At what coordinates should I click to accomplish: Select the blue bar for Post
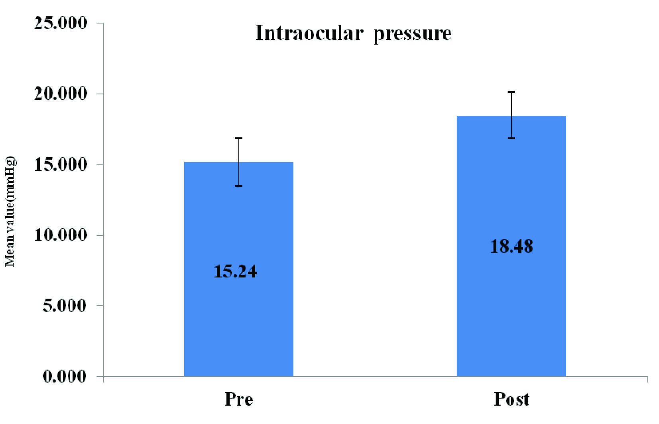[511, 318]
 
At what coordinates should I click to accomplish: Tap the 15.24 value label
[235, 272]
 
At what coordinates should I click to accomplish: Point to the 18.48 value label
[511, 246]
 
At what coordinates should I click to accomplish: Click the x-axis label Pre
[238, 399]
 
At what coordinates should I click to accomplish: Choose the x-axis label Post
[511, 399]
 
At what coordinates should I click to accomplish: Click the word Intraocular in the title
[309, 33]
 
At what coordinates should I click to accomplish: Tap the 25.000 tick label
[61, 23]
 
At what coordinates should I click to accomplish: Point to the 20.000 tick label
[61, 94]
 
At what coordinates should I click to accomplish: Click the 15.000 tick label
[61, 164]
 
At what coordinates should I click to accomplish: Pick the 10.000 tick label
[61, 235]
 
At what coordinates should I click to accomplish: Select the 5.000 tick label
[65, 306]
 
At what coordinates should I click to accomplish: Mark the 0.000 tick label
[65, 376]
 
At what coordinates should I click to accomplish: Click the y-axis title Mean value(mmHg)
[10, 212]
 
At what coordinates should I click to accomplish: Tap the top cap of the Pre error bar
[239, 138]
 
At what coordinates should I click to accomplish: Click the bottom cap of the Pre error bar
[239, 186]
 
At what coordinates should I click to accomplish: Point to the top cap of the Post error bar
[511, 92]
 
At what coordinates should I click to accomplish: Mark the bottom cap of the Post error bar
[511, 138]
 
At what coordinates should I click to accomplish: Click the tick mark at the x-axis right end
[647, 379]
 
